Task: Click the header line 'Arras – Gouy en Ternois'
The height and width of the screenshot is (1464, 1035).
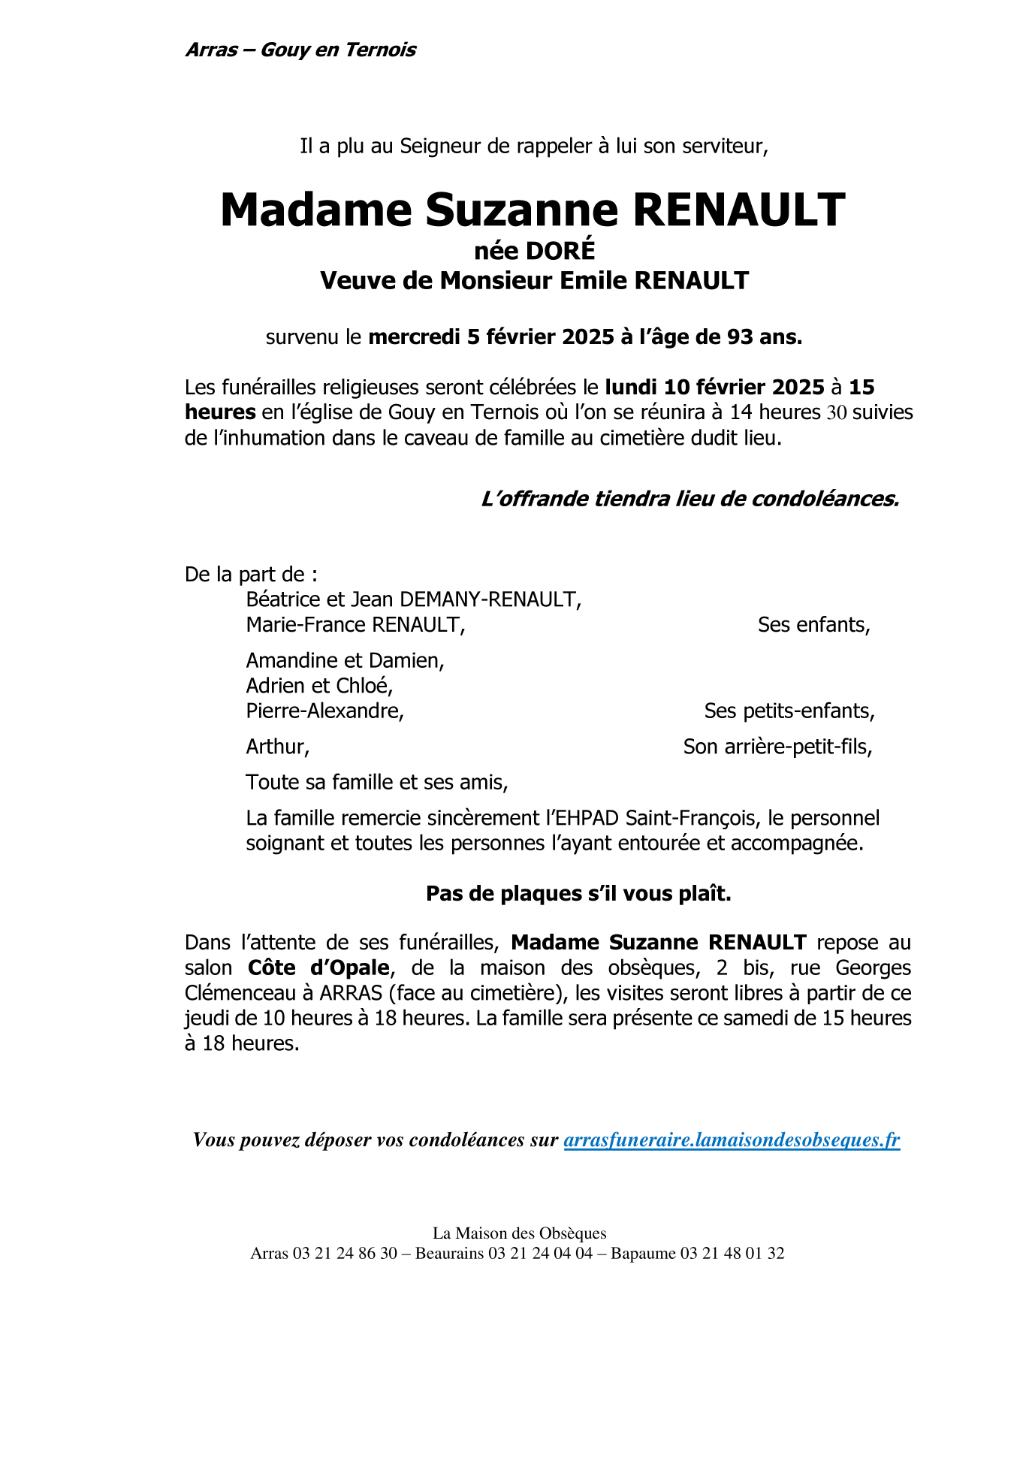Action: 300,50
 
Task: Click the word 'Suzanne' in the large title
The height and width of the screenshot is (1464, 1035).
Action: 521,210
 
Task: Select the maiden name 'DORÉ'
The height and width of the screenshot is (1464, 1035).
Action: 560,249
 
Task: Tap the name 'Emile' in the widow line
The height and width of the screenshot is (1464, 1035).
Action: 588,280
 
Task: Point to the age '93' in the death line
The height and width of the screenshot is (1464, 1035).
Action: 741,337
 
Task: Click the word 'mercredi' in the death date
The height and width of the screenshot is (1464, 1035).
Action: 414,337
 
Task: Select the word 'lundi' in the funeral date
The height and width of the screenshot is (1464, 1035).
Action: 631,388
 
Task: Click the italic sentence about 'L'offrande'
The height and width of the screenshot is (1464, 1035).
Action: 689,499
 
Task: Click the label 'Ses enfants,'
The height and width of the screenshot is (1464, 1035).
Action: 813,625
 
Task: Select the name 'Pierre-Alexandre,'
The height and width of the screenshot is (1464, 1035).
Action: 325,711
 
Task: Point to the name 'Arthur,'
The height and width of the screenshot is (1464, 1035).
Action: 277,747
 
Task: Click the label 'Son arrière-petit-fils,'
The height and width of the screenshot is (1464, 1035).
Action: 777,747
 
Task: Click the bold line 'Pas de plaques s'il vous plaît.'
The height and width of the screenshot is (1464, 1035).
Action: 578,893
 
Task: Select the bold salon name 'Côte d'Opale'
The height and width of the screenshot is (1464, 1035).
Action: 318,967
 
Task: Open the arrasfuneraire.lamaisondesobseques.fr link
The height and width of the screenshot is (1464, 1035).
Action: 732,1140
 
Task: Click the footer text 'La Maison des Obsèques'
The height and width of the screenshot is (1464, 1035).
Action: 519,1233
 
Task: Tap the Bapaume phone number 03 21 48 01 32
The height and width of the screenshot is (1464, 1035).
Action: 732,1253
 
